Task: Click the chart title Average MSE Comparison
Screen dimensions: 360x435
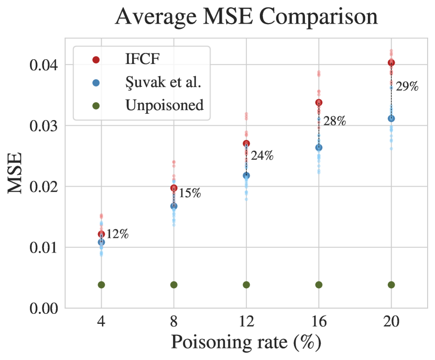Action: click(x=246, y=17)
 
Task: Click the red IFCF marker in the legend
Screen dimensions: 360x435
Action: click(x=95, y=60)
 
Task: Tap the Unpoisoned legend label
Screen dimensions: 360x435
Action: click(x=164, y=105)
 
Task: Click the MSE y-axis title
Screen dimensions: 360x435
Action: click(x=16, y=173)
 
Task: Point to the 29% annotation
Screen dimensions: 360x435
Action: click(x=407, y=87)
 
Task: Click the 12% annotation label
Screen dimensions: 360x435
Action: click(x=117, y=234)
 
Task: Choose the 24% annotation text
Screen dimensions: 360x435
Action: click(x=262, y=156)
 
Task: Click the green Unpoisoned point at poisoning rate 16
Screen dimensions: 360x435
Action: click(x=319, y=285)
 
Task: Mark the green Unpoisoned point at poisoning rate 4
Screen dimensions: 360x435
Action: click(x=101, y=285)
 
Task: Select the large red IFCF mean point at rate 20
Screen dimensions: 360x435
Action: click(x=391, y=63)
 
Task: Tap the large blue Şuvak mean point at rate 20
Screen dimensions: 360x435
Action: click(x=391, y=119)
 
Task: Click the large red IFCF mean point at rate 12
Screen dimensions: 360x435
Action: click(x=246, y=144)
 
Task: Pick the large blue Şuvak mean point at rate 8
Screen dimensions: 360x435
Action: click(x=174, y=206)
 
